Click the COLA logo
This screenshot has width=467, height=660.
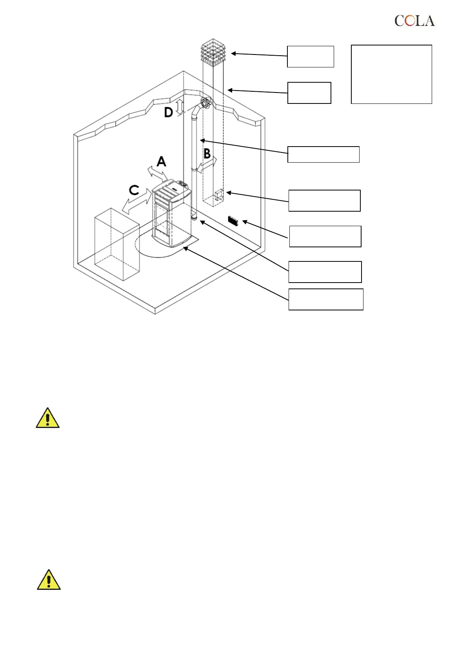[x=414, y=21]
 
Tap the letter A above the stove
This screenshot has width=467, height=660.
[x=161, y=161]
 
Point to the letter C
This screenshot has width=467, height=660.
[x=134, y=190]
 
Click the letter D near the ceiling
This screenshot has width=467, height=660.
[x=168, y=113]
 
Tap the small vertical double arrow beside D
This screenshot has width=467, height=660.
[x=180, y=107]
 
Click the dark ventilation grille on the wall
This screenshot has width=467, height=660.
[x=233, y=221]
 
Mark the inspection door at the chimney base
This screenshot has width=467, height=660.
[x=219, y=195]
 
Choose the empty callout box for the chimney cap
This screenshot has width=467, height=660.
[x=310, y=56]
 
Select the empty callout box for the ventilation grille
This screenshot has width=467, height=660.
[x=325, y=236]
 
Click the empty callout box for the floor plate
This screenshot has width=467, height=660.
[x=326, y=299]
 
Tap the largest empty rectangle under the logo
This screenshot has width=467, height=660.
[x=391, y=74]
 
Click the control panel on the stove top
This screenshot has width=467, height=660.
[x=182, y=183]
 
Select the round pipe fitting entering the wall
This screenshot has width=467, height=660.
[x=205, y=103]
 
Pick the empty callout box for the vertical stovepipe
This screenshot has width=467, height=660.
[x=323, y=154]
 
